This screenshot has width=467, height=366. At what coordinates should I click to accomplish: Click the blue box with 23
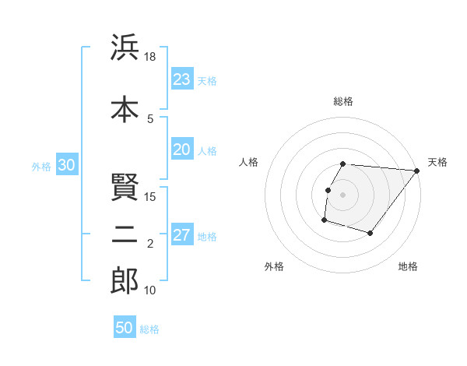click(x=182, y=79)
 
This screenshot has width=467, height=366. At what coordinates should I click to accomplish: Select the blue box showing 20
click(x=182, y=150)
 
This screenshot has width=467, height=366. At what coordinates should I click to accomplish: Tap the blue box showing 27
click(x=182, y=236)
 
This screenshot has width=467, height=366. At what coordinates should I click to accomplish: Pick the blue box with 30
click(x=66, y=166)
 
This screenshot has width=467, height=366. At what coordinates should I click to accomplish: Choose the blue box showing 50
click(x=125, y=328)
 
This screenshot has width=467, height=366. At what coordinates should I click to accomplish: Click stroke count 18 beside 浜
click(x=150, y=58)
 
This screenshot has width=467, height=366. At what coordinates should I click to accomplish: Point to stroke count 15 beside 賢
click(x=150, y=197)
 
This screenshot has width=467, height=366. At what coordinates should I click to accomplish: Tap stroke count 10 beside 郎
click(x=150, y=290)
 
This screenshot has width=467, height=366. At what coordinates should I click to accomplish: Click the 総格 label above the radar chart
click(x=343, y=101)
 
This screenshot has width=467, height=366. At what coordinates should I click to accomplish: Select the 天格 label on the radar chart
click(x=437, y=162)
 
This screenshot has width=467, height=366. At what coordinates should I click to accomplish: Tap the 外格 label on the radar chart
click(x=274, y=266)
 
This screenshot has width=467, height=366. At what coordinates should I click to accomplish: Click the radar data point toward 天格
click(x=416, y=171)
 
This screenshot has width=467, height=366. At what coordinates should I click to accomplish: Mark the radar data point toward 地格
click(x=370, y=233)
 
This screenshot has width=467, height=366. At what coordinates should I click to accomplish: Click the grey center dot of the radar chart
click(x=342, y=195)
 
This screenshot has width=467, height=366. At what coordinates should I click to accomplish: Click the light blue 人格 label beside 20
click(x=207, y=151)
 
